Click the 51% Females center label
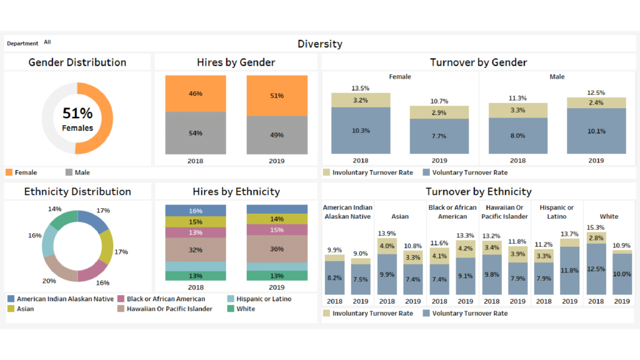(x=77, y=119)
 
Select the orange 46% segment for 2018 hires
(x=196, y=94)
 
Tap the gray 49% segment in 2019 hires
(x=277, y=135)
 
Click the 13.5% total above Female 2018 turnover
(x=361, y=88)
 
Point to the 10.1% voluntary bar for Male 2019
(x=596, y=131)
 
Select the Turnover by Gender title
(x=478, y=62)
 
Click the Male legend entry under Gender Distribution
(x=77, y=172)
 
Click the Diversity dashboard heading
(x=319, y=44)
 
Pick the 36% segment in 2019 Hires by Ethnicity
(x=277, y=248)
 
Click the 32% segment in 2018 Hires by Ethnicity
(x=196, y=250)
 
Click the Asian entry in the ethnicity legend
(x=25, y=309)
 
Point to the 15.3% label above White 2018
(x=596, y=227)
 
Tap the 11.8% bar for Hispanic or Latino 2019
(x=570, y=271)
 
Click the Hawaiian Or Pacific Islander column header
(x=504, y=212)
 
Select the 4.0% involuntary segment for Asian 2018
(x=387, y=246)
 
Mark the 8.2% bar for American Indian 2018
(x=334, y=278)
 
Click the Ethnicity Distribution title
(x=77, y=192)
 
